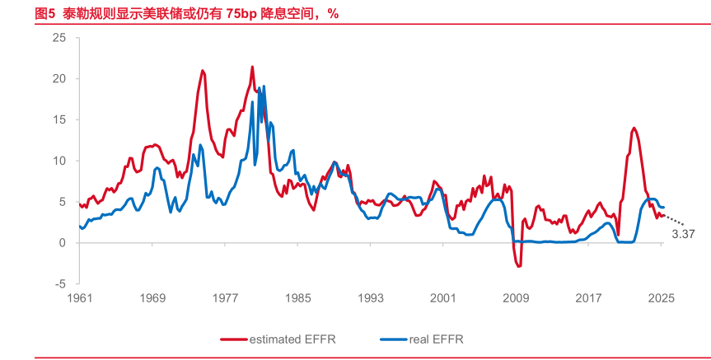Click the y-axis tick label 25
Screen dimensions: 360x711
[x=59, y=38]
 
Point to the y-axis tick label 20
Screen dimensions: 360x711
[x=59, y=79]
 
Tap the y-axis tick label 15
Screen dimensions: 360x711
[x=59, y=119]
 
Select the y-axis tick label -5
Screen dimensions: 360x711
[x=61, y=283]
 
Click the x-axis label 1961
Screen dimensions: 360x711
[x=80, y=298]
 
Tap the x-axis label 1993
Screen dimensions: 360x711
[x=370, y=298]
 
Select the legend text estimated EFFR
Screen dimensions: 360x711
[x=292, y=339]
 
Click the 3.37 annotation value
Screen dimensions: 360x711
[x=684, y=235]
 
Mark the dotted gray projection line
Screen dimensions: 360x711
[x=674, y=221]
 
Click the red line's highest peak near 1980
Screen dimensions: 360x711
[x=252, y=67]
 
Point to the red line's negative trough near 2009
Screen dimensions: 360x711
[x=519, y=266]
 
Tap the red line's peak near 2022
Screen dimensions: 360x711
[x=634, y=128]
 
